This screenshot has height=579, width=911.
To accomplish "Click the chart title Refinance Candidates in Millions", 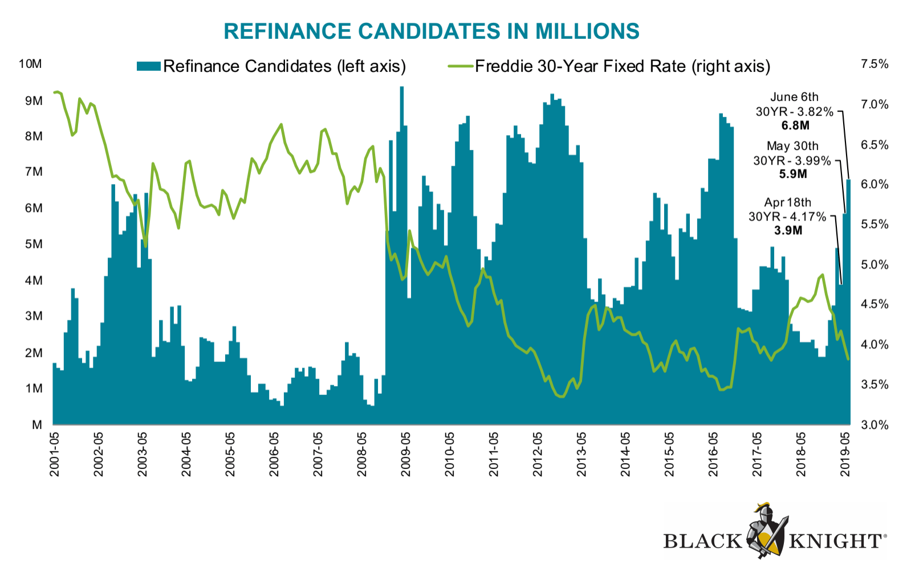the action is click(432, 31).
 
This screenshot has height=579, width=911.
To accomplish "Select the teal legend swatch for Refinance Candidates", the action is click(148, 66).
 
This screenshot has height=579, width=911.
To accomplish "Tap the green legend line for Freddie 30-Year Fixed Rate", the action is click(461, 66).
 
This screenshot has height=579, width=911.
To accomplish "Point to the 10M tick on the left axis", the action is click(31, 64).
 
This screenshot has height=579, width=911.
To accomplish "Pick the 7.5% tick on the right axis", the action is click(875, 64).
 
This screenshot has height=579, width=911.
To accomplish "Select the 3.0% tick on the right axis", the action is click(875, 425).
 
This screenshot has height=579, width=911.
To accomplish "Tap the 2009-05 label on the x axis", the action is click(406, 454).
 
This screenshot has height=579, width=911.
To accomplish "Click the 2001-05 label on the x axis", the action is click(55, 454).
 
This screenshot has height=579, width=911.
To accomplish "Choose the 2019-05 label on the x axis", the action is click(845, 454).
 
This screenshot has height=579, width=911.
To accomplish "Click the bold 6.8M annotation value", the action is click(795, 125).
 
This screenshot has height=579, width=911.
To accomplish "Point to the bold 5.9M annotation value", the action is click(792, 174).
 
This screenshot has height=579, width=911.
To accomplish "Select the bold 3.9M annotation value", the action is click(788, 231).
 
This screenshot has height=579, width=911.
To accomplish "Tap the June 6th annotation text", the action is click(794, 97).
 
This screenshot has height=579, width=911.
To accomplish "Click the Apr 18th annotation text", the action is click(787, 202).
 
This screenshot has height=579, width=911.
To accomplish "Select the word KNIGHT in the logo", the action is click(835, 541).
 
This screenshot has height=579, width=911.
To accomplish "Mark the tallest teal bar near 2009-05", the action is click(402, 255).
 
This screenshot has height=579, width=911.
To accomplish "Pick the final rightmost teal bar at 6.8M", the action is click(848, 301).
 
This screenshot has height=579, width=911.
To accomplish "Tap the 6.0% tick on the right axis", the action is click(875, 184).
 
